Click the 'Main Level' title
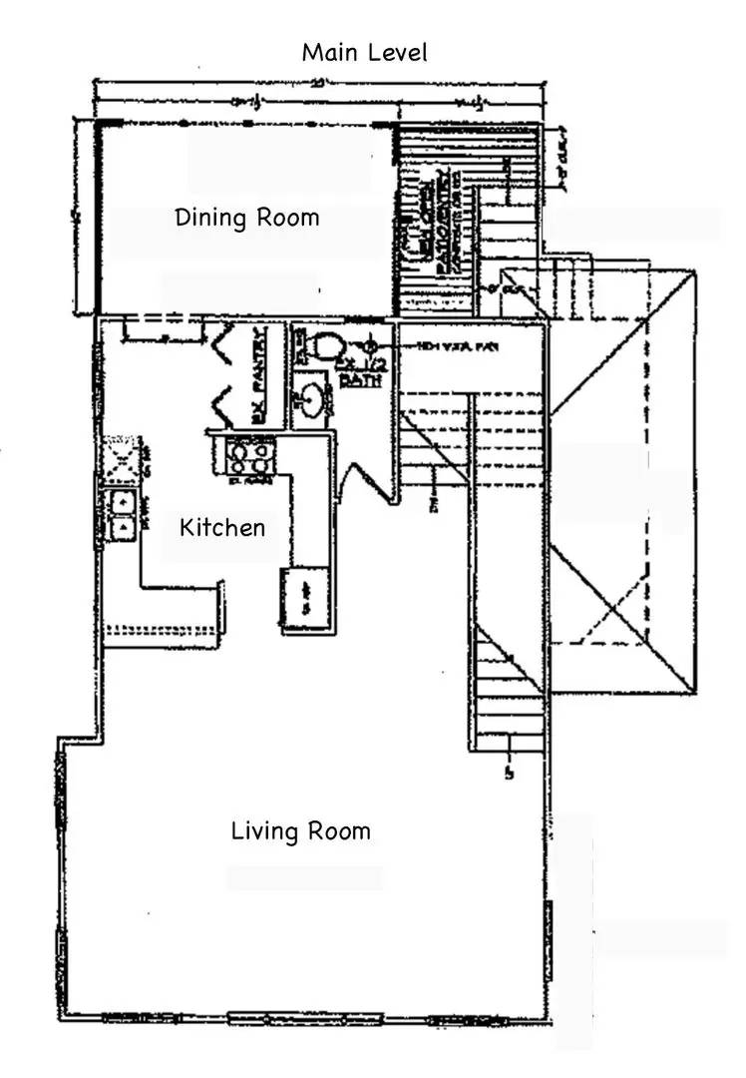[364, 52]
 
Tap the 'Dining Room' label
[247, 217]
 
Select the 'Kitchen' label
[222, 526]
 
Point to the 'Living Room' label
[300, 830]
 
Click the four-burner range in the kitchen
[245, 457]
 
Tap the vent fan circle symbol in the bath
[373, 346]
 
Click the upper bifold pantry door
[223, 345]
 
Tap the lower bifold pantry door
[223, 403]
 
